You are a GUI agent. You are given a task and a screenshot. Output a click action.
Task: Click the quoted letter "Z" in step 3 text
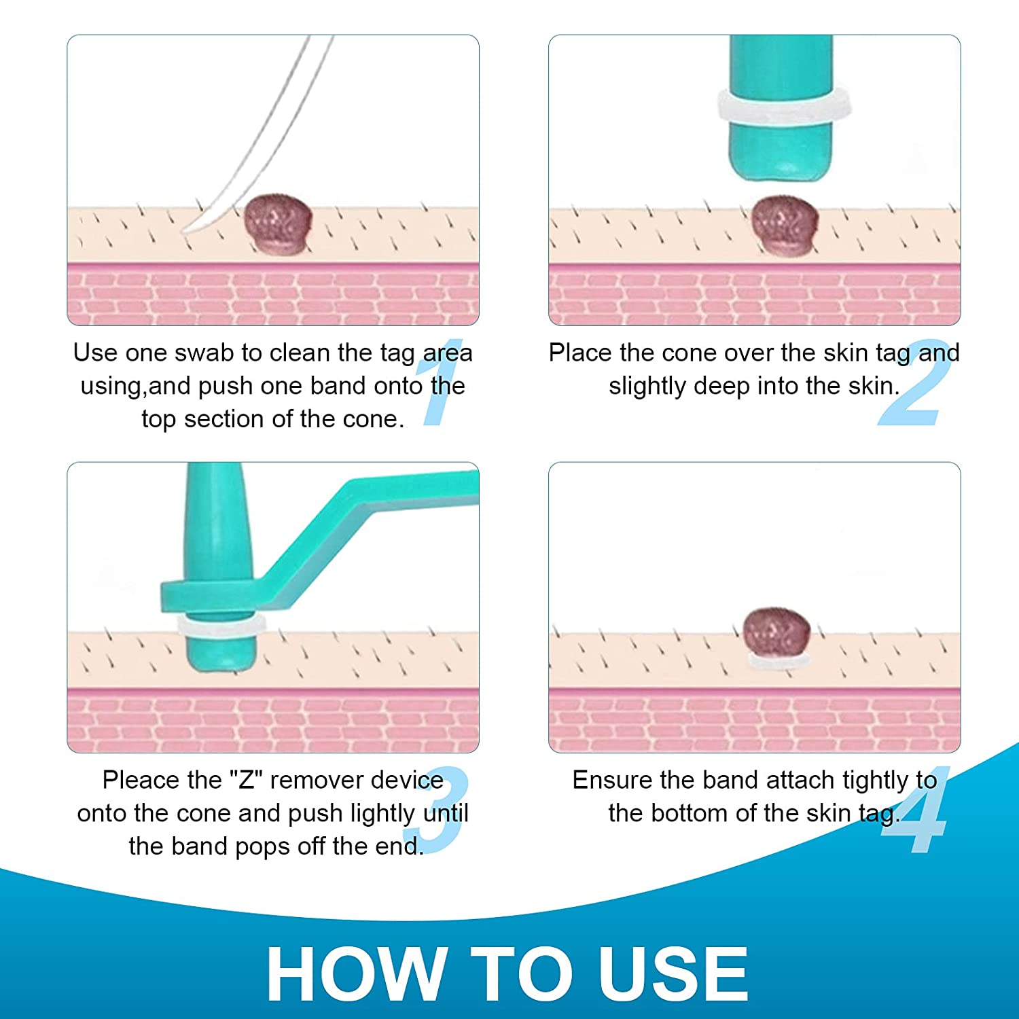[246, 780]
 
